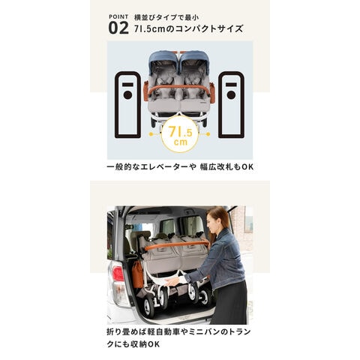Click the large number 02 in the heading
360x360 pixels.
118,28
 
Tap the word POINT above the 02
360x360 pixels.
118,17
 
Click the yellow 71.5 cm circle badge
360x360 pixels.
180,134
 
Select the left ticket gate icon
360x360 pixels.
127,105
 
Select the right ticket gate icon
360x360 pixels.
231,105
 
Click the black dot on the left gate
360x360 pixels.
127,95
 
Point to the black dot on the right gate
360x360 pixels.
231,95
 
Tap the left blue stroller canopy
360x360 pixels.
163,60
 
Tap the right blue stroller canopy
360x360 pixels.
195,60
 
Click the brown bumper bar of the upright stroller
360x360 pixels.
179,88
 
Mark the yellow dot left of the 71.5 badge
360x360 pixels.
151,134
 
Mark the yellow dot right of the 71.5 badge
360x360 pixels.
208,134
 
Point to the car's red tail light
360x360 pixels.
118,274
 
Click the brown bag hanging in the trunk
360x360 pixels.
137,274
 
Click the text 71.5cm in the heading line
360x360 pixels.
150,28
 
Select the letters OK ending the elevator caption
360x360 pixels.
247,167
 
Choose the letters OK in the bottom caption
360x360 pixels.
154,344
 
